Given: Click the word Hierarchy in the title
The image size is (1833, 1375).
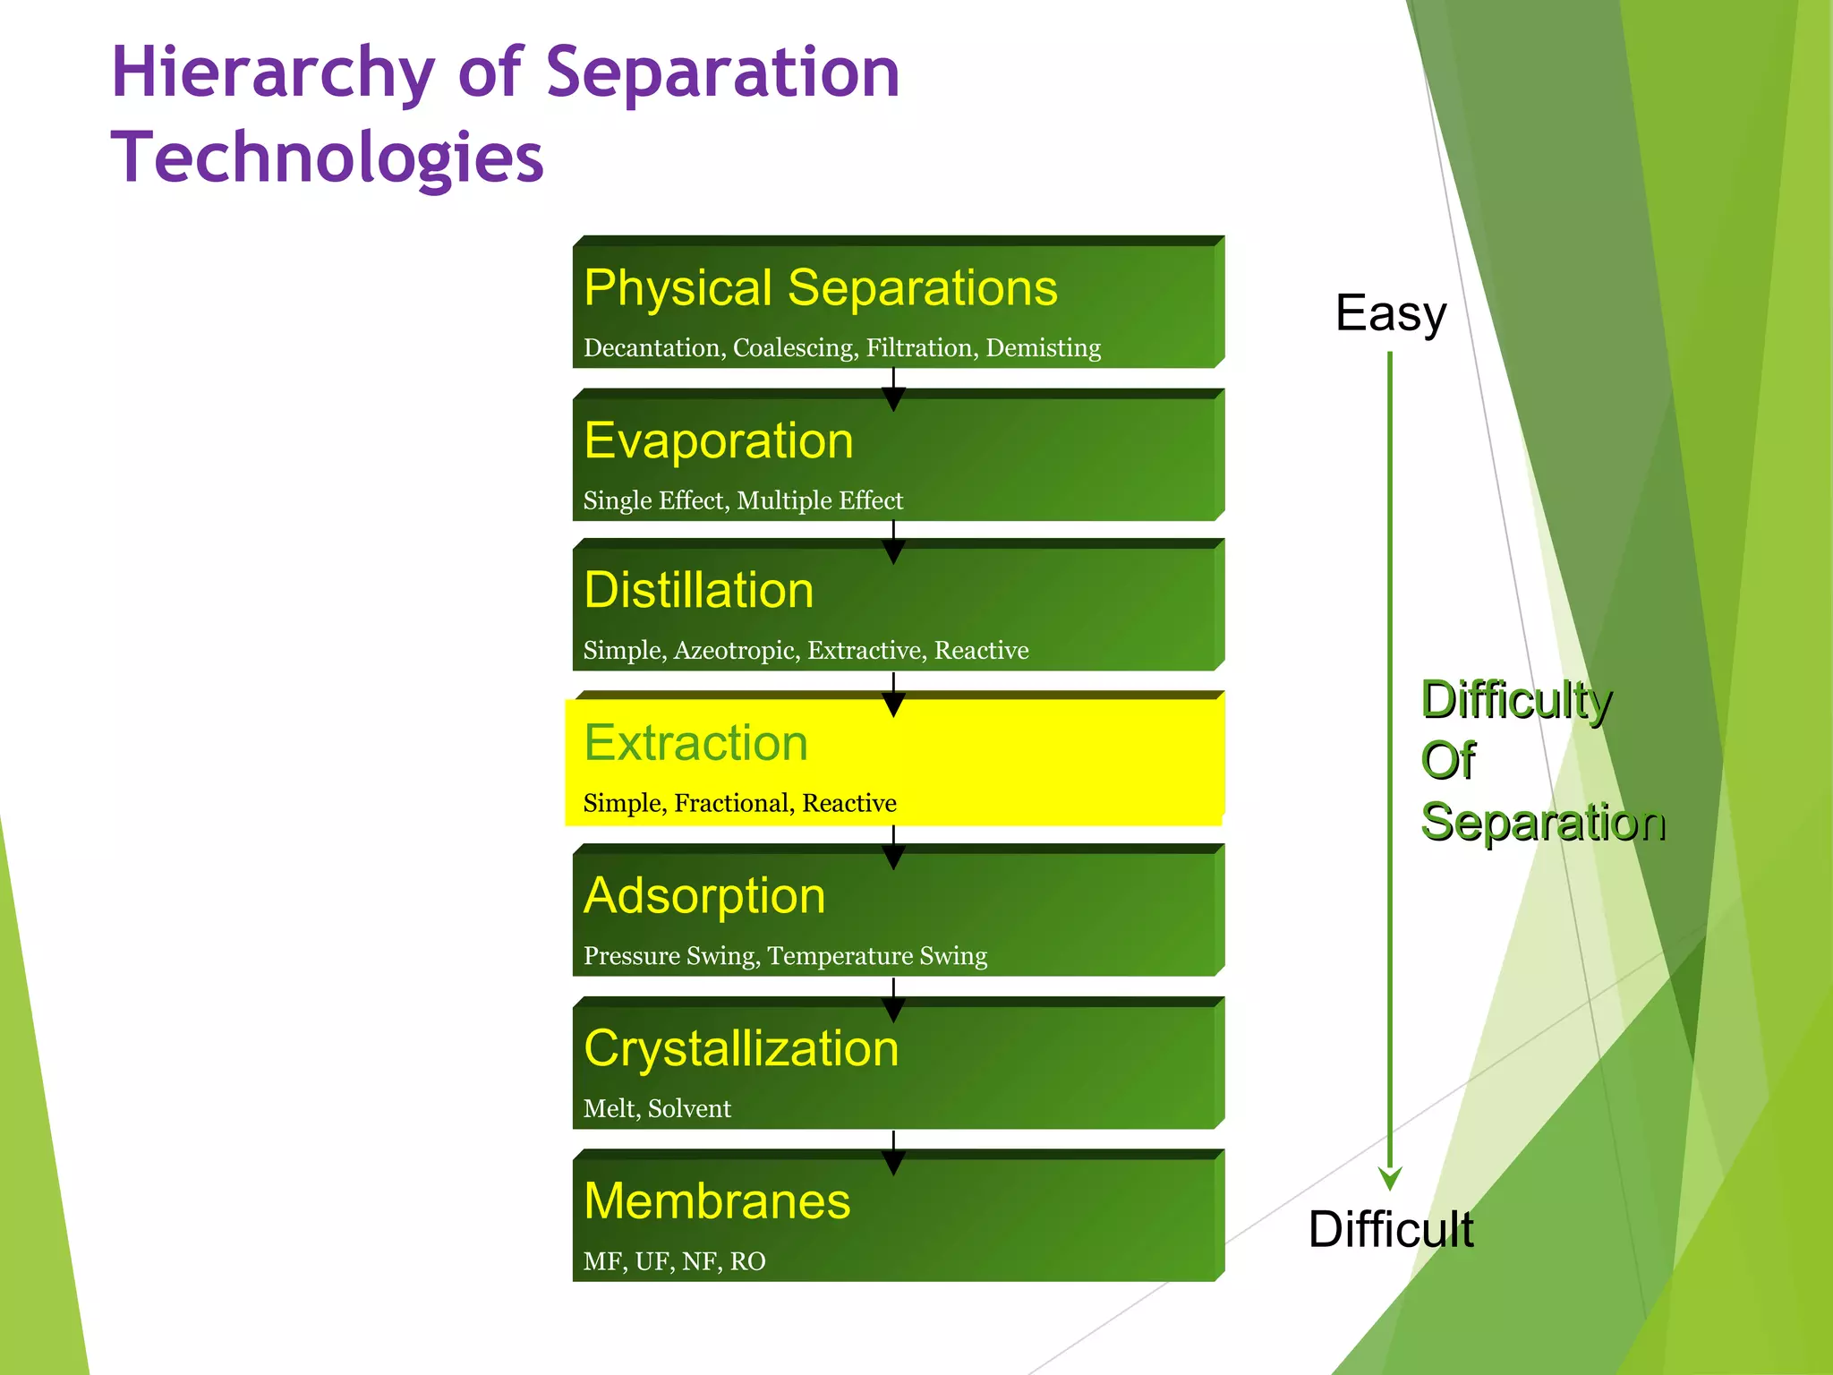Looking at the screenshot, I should (x=273, y=73).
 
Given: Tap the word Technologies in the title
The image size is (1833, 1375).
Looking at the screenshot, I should (x=328, y=158).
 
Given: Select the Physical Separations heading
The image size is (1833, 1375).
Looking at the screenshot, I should (x=820, y=288).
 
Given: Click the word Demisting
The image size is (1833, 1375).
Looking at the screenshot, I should (x=1043, y=347).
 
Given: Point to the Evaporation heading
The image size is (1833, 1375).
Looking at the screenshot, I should (x=719, y=440).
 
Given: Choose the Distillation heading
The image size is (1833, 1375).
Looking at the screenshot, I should (x=699, y=591).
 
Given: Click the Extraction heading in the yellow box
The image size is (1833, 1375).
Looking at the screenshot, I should (x=695, y=743).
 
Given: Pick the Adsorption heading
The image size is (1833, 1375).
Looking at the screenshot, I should (x=704, y=896).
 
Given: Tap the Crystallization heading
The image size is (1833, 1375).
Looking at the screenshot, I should (x=741, y=1048).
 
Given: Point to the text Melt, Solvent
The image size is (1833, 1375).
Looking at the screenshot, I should (x=657, y=1109).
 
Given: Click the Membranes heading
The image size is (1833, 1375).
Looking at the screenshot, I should (x=717, y=1201).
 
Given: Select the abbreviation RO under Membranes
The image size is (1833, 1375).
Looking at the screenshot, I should (x=747, y=1261).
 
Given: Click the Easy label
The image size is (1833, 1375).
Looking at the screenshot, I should (x=1390, y=313).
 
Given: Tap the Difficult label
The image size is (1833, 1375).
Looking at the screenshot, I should (x=1390, y=1229).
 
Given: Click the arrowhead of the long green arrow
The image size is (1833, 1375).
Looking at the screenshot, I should (x=1390, y=1178).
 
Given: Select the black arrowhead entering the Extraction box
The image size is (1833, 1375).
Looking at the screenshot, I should (x=893, y=706).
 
